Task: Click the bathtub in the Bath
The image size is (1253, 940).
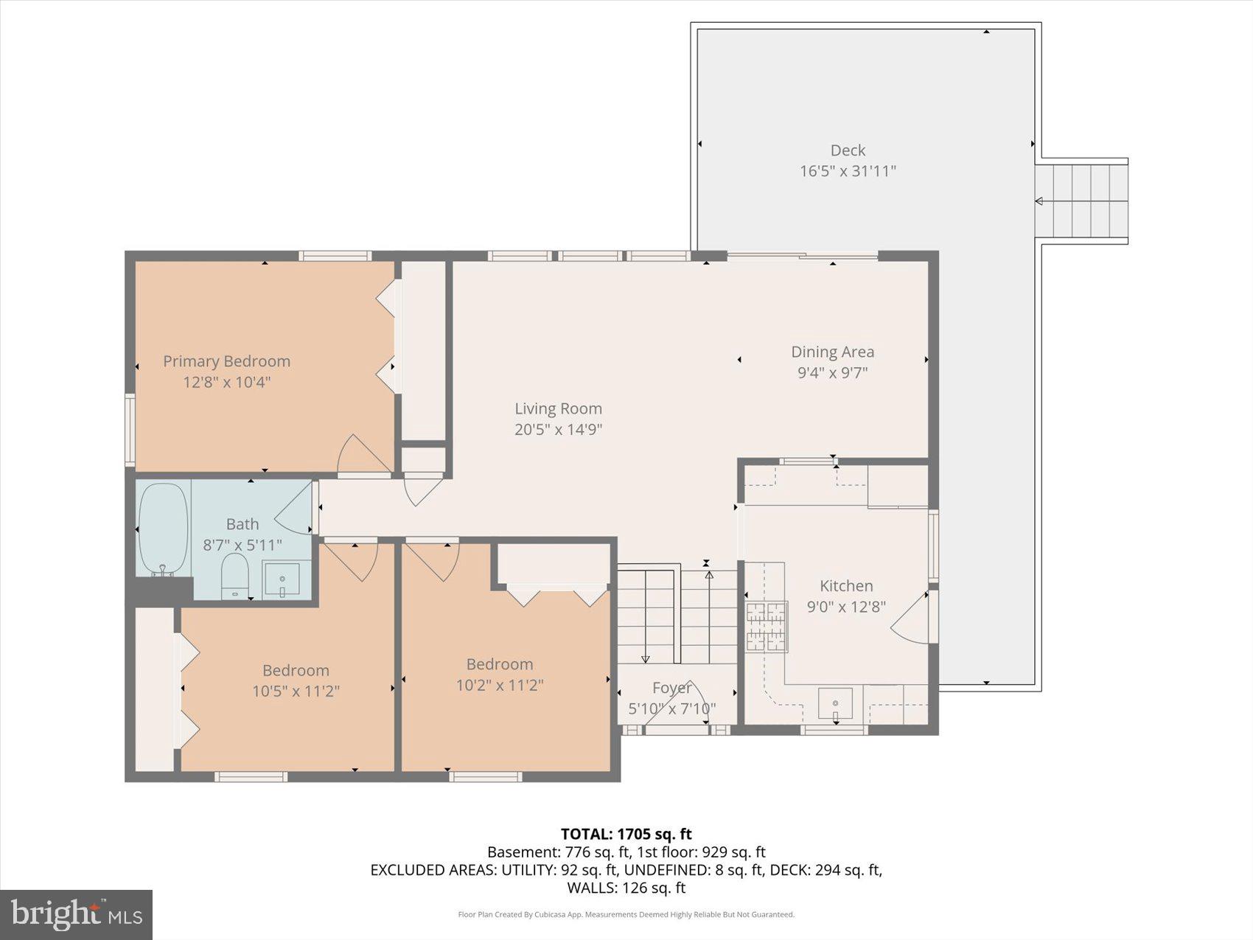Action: point(163,529)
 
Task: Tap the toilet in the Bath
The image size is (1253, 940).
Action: point(235,576)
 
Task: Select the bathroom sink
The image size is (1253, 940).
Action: point(282,579)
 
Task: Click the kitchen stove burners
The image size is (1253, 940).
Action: point(766,627)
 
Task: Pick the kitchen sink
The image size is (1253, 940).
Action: point(835,703)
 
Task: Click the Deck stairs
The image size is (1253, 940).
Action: point(1081,201)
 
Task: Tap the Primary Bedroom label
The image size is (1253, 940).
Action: point(226,361)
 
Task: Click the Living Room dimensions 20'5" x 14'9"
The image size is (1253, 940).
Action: point(559,429)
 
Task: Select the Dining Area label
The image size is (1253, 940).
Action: point(833,352)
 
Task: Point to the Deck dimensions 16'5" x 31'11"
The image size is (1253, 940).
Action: point(848,171)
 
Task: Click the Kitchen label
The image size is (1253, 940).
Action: point(846,586)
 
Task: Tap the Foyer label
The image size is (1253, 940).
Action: point(671,688)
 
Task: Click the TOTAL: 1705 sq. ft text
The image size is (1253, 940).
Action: point(626,834)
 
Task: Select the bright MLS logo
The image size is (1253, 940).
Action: point(77,915)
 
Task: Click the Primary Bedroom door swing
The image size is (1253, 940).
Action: point(364,453)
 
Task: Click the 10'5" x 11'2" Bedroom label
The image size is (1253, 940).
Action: point(296,670)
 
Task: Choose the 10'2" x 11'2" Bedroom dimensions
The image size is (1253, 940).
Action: point(500,685)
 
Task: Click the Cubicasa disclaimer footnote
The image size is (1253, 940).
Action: point(626,915)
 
